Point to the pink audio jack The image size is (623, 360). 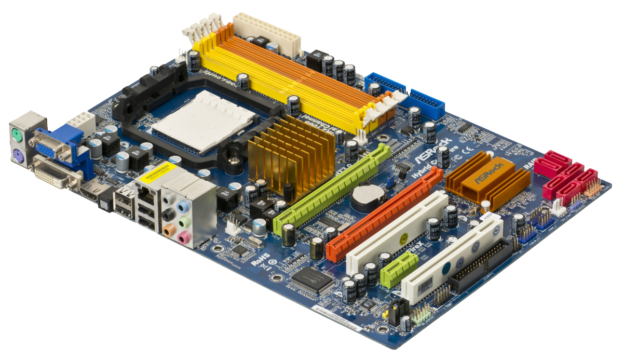point(183,238)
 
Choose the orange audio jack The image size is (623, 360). point(168,230)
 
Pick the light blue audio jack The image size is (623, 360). point(182,207)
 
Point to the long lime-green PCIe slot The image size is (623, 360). point(332,189)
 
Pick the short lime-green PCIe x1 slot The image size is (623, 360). point(399,270)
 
